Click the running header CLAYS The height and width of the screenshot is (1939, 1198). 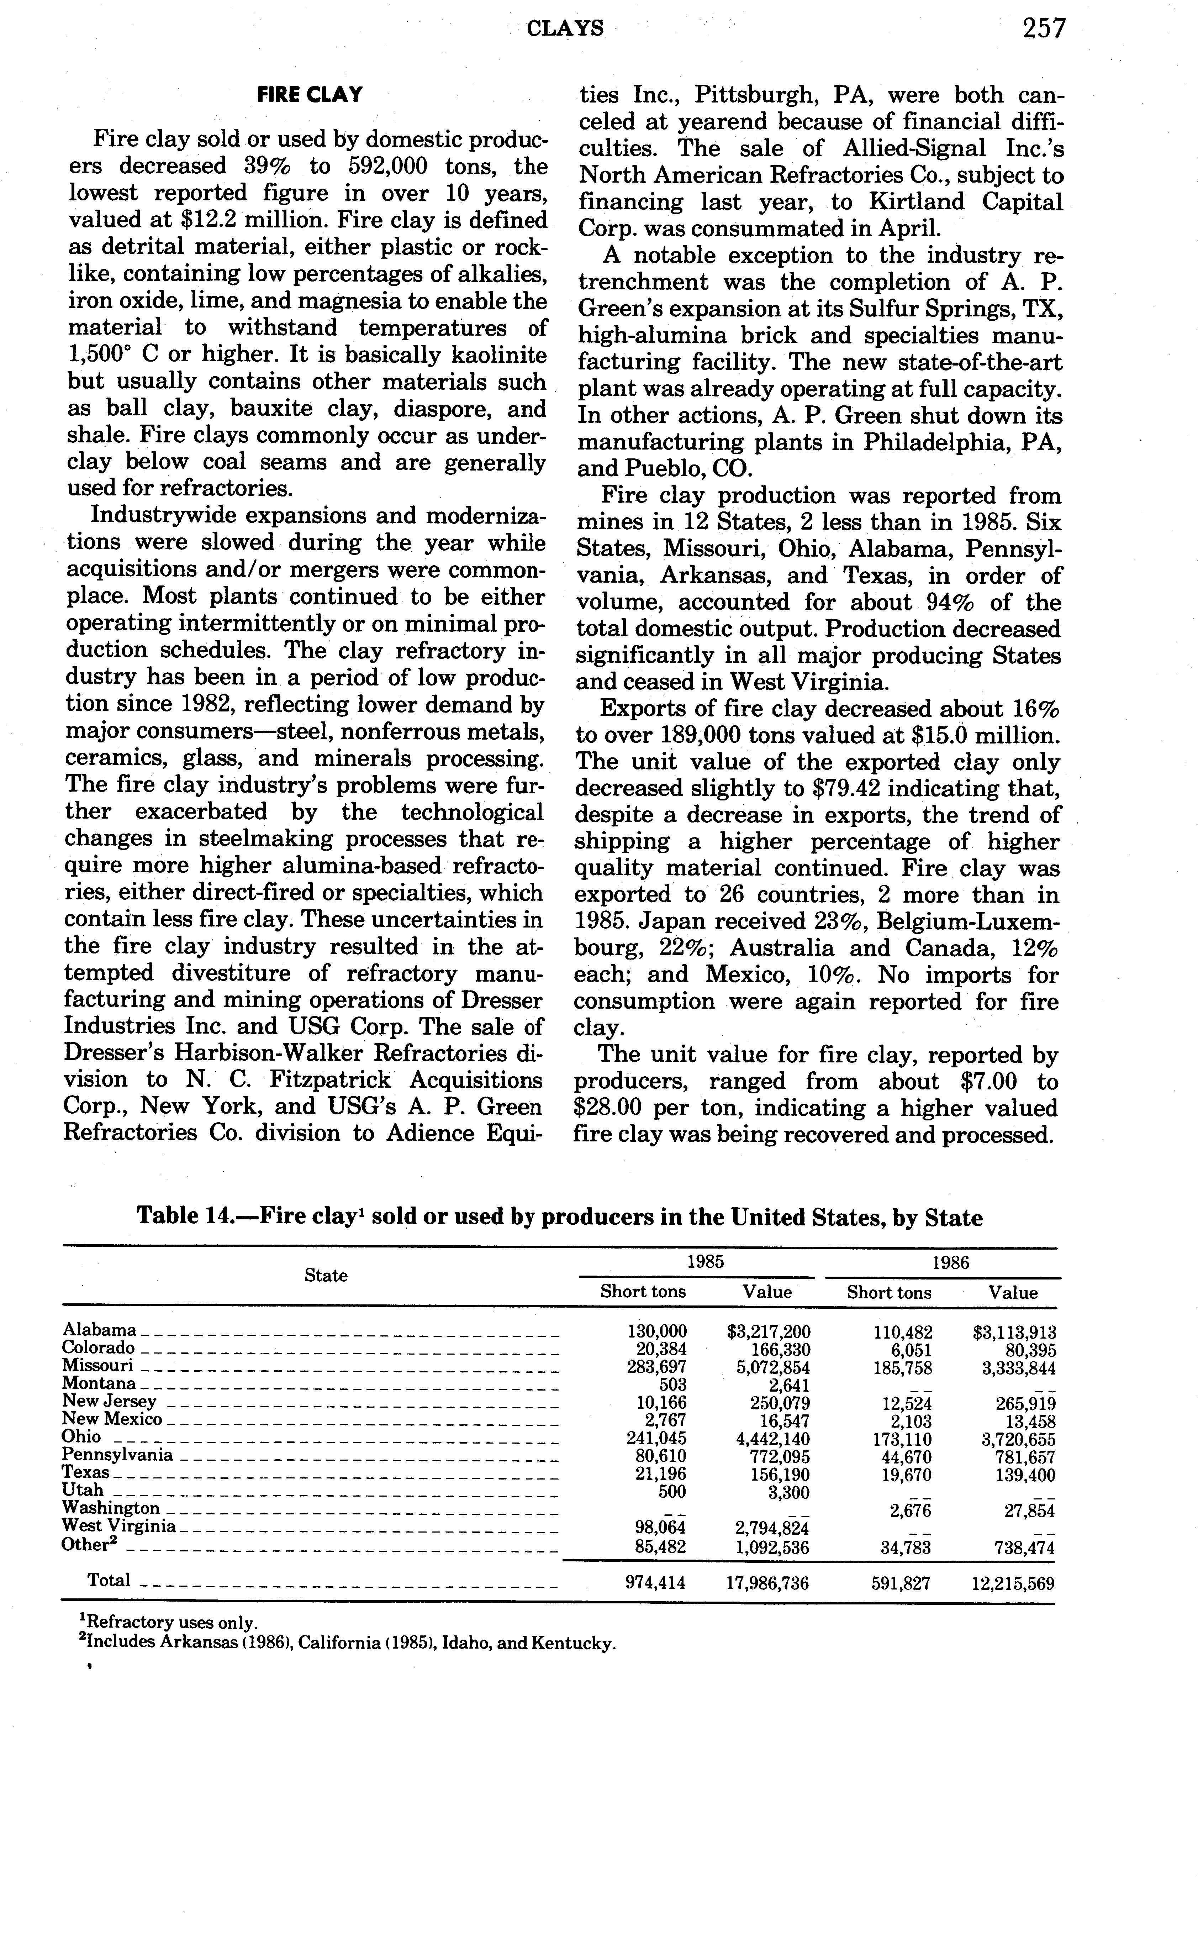(565, 29)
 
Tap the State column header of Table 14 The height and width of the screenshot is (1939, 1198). (326, 1275)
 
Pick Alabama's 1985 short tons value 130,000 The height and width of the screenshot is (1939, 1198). (657, 1332)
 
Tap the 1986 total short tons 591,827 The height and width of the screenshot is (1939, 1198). (901, 1583)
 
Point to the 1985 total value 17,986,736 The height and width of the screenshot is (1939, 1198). (767, 1583)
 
